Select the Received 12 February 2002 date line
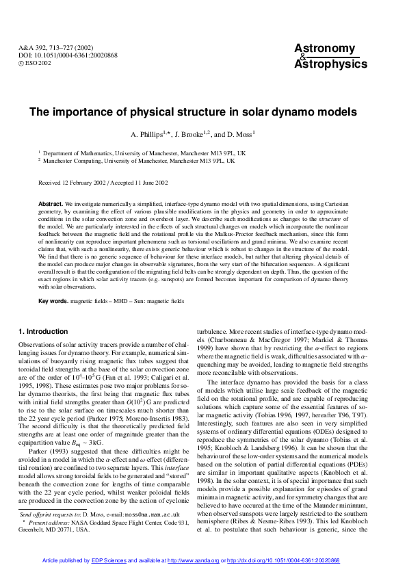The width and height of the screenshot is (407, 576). (x=103, y=183)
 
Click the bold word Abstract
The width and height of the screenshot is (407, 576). (x=51, y=205)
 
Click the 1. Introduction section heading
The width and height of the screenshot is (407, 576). (x=43, y=331)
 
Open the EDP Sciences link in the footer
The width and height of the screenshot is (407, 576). (x=109, y=560)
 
